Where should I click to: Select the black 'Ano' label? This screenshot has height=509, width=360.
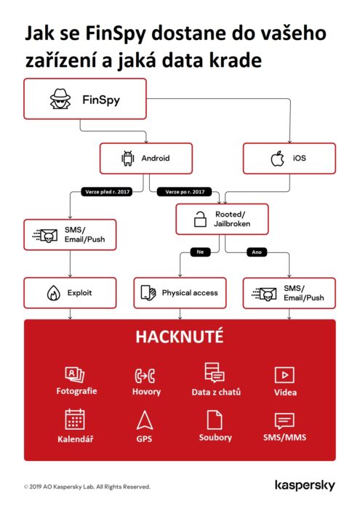(x=256, y=252)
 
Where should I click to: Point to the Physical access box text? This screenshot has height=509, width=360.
(x=190, y=293)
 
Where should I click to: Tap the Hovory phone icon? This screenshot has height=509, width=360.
(x=145, y=375)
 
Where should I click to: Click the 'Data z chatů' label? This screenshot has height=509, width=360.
(x=215, y=392)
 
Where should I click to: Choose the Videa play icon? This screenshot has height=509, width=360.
(x=284, y=374)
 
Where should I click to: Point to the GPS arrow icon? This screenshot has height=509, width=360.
(x=144, y=420)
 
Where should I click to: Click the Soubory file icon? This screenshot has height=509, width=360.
(x=215, y=420)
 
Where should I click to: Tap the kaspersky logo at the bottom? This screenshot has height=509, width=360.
(x=304, y=485)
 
